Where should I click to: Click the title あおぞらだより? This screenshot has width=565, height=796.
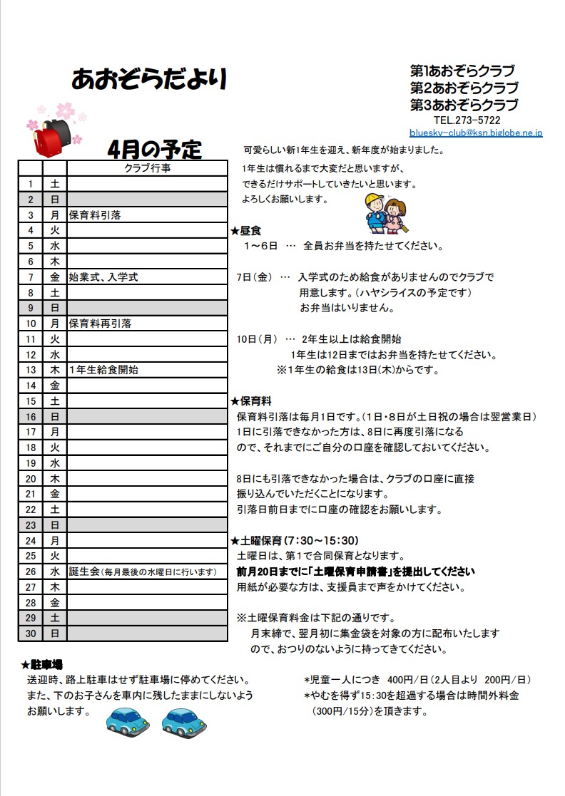tap(149, 79)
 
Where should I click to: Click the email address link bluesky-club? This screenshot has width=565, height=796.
tap(476, 133)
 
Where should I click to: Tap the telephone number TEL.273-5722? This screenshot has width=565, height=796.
tap(467, 120)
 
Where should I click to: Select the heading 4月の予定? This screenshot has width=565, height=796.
tap(154, 149)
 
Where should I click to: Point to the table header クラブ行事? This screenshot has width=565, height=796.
tap(147, 169)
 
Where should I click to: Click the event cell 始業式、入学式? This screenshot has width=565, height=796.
tap(103, 277)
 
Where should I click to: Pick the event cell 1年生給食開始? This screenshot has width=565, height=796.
tap(103, 370)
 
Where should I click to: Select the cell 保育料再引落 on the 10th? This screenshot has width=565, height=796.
tap(100, 324)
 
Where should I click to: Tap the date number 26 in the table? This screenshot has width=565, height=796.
tap(31, 572)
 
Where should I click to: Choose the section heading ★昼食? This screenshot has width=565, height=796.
tap(246, 231)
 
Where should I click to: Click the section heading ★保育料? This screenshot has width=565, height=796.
tap(250, 401)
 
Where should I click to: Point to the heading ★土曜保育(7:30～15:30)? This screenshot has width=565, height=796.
tap(294, 540)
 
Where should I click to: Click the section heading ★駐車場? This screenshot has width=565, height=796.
tap(42, 665)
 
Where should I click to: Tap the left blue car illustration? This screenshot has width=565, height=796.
tap(128, 721)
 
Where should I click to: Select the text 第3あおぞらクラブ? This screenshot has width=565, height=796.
tap(464, 105)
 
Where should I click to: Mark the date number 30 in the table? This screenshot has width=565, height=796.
tap(31, 633)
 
